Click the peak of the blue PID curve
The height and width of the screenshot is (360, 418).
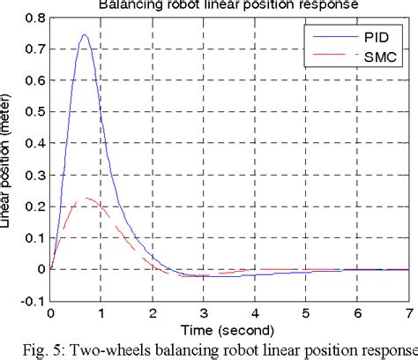point(85,35)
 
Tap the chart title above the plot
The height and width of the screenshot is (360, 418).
point(228,4)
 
